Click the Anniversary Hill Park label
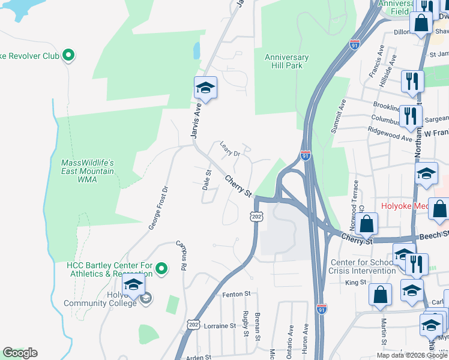click(286, 62)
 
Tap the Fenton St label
click(235, 294)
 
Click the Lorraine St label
click(220, 326)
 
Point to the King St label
click(355, 282)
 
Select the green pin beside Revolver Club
click(68, 56)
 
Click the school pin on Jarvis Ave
click(205, 89)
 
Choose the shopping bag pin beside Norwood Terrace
click(366, 224)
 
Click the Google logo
click(20, 353)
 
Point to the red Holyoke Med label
click(405, 206)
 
